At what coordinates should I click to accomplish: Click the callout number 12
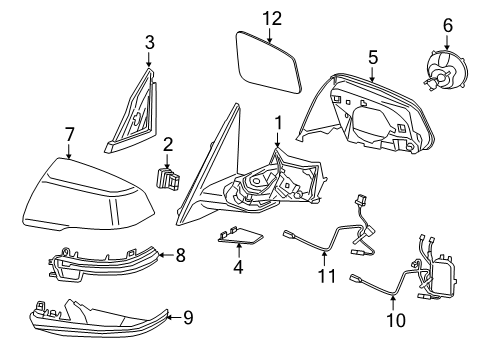273,17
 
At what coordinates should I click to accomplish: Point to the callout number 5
372,57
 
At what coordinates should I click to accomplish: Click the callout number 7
68,134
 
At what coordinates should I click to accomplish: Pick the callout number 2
168,145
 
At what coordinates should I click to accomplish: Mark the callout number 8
180,255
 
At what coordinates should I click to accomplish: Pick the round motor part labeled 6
443,72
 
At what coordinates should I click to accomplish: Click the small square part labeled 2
165,181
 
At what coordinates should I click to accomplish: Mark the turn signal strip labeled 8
105,265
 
